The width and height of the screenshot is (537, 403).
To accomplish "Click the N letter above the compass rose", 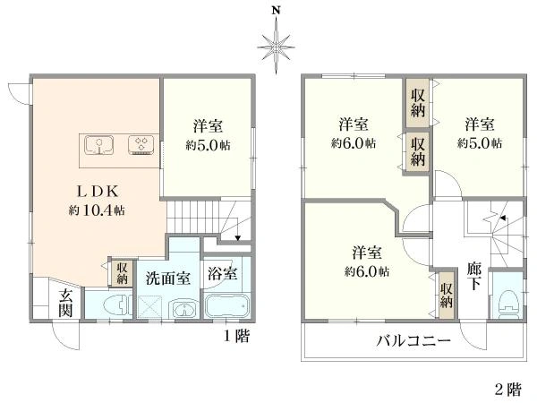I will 277,11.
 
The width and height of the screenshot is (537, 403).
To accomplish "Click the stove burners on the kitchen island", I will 140,144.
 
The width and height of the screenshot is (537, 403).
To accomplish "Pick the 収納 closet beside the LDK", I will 121,272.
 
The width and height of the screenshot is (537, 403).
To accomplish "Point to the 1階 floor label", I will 236,336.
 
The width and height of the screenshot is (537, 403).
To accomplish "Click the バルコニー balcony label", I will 413,341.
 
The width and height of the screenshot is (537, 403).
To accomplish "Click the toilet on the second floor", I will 507,301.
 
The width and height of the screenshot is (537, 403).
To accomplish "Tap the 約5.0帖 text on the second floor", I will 480,143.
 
